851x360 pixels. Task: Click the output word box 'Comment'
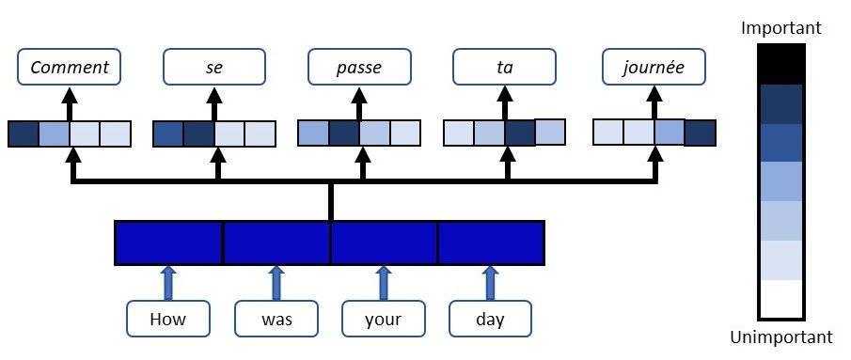click(71, 67)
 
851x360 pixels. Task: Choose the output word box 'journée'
click(653, 67)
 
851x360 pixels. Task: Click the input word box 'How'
click(168, 319)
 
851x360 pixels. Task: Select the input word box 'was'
click(276, 319)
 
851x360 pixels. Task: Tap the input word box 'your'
click(383, 319)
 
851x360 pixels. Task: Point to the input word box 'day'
click(490, 319)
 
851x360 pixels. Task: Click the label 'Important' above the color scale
click(780, 28)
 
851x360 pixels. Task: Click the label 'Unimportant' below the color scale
click(780, 337)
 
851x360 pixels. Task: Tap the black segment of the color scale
click(780, 64)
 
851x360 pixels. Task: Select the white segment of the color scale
click(780, 299)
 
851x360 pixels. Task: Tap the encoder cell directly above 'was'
click(276, 243)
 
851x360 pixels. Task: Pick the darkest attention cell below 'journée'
click(700, 133)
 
